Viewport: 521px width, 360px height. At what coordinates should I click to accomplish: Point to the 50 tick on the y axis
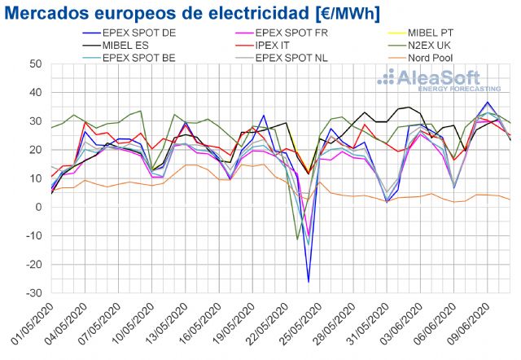click(x=35, y=64)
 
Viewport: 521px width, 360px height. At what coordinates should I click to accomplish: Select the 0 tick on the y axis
click(x=38, y=207)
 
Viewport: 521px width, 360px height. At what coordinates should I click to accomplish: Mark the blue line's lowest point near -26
click(x=309, y=282)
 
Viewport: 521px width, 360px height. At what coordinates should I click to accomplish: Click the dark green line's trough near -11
click(x=298, y=239)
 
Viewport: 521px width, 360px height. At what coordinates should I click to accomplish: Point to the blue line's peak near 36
click(x=488, y=103)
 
